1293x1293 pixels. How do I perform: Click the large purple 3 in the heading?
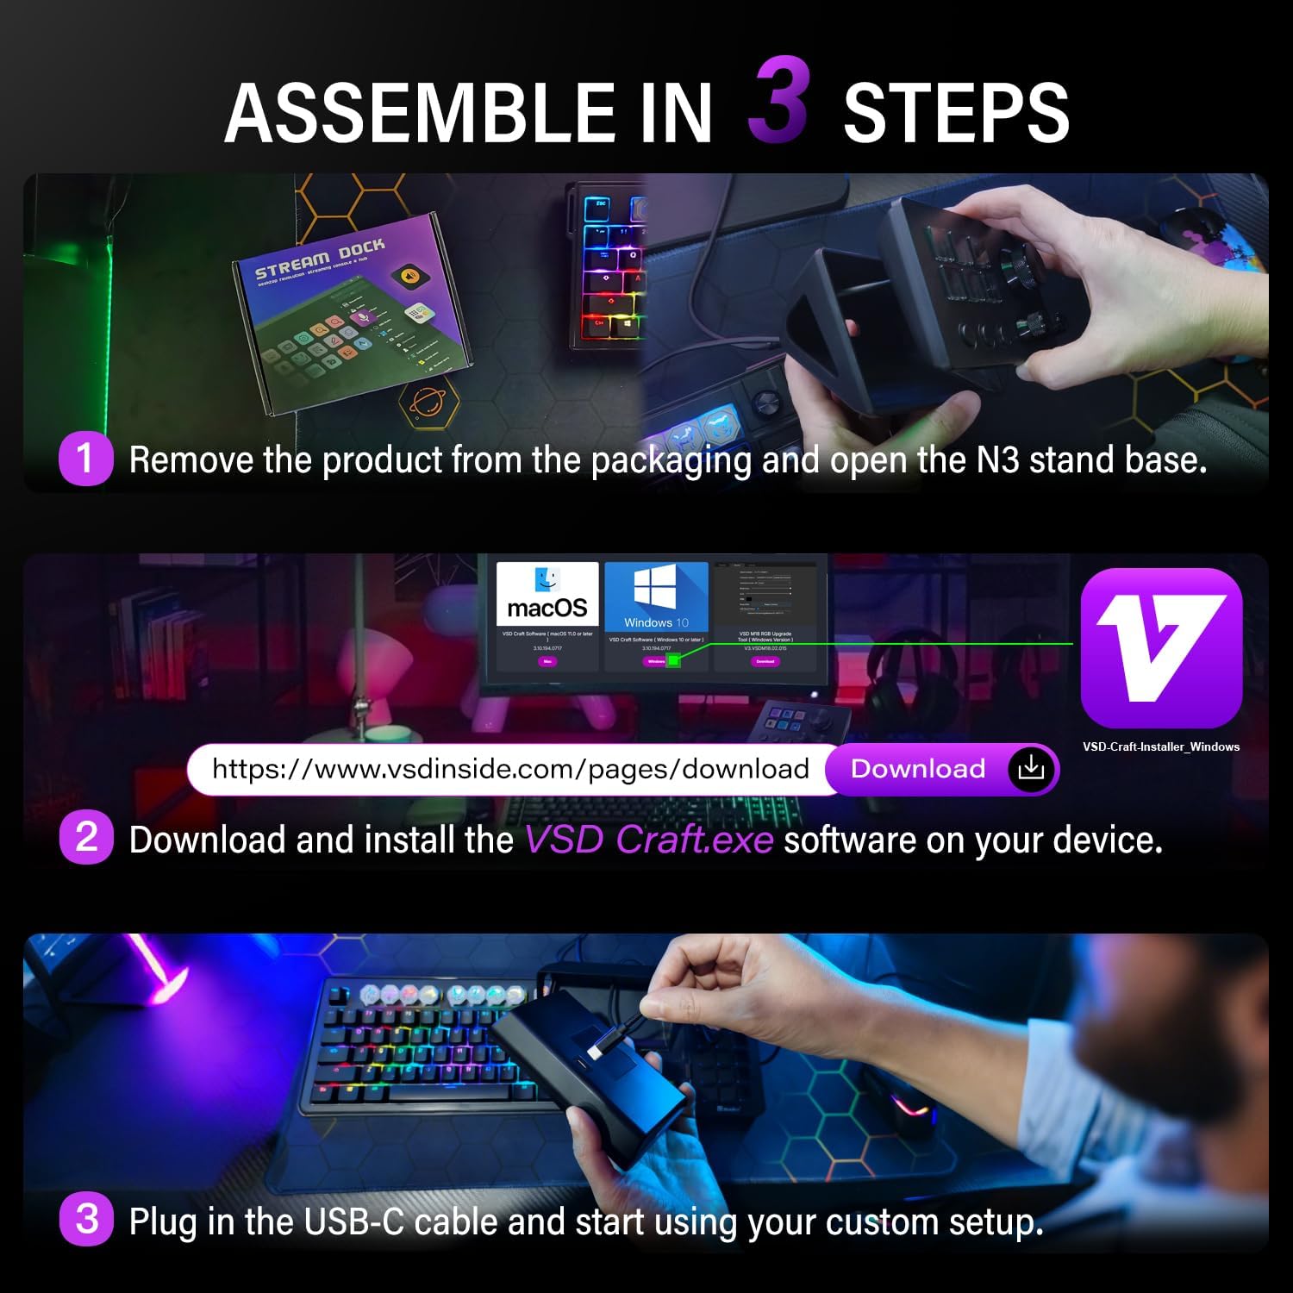[x=779, y=101]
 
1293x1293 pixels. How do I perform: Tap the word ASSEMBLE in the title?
[x=419, y=113]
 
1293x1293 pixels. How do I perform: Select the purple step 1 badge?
[x=85, y=459]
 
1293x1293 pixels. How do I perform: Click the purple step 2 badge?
[x=86, y=838]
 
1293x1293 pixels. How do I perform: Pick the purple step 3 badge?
[x=86, y=1220]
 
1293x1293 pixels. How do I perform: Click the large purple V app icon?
[x=1161, y=647]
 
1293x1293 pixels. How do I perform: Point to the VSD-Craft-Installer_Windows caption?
[x=1161, y=746]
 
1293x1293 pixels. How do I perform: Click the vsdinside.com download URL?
[x=510, y=769]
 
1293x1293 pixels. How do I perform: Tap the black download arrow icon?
[x=1031, y=768]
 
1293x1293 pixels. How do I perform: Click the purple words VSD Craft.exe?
[x=648, y=840]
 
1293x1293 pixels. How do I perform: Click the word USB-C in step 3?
[x=353, y=1221]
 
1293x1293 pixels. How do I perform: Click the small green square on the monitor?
[x=674, y=660]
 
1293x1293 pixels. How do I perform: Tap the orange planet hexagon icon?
[x=428, y=402]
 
